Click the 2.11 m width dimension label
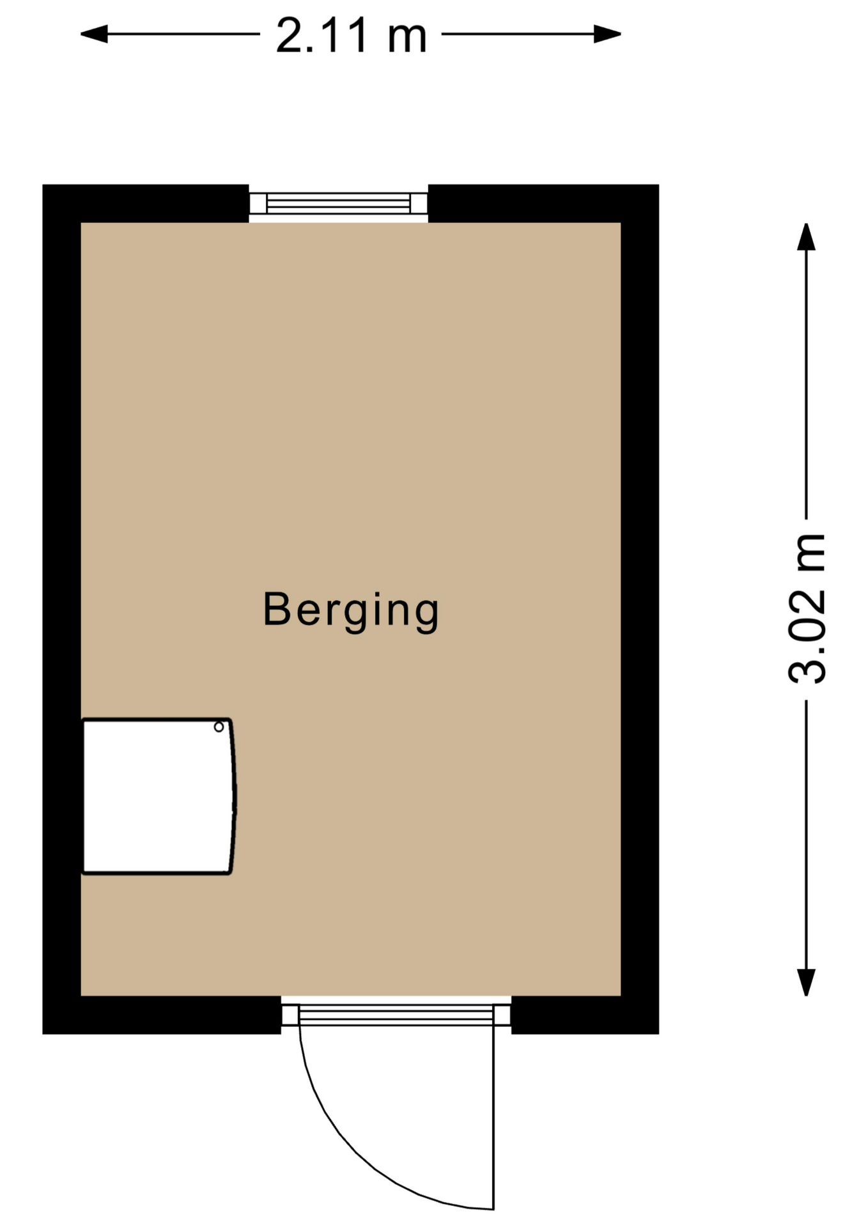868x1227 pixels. [x=351, y=36]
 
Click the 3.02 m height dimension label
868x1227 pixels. [x=807, y=608]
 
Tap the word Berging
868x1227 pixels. [x=351, y=610]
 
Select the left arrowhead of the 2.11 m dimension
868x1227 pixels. [x=94, y=34]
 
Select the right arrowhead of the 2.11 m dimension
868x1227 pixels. [x=607, y=34]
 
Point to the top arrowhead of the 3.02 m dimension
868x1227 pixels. [x=806, y=236]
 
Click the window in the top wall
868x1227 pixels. [x=338, y=204]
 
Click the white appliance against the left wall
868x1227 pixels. [x=159, y=796]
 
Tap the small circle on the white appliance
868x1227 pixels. [x=219, y=727]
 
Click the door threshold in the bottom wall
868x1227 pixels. [x=396, y=1015]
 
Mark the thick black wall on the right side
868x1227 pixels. [x=640, y=609]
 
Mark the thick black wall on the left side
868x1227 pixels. [x=61, y=609]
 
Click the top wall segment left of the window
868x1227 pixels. [x=146, y=204]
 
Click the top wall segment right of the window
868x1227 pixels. [x=543, y=204]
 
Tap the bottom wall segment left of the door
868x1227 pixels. [x=162, y=1015]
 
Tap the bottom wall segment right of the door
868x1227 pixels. [x=585, y=1015]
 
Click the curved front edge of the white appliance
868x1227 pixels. [x=235, y=796]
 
